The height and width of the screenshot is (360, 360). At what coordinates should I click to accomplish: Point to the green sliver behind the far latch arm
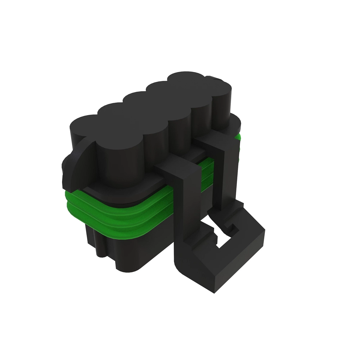point(238,138)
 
